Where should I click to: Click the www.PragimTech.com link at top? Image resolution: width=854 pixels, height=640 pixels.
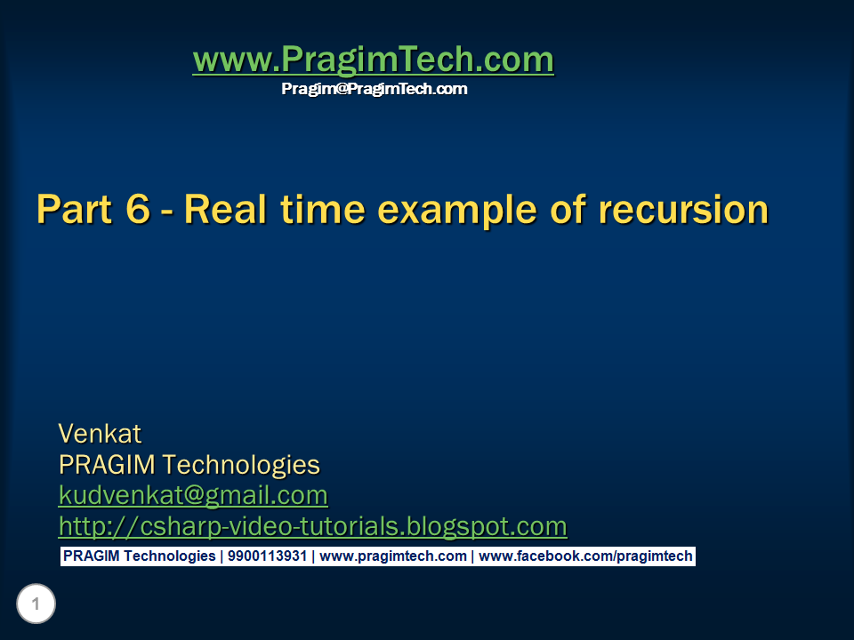[x=373, y=60]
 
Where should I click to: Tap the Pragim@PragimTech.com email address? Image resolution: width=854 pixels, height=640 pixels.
[x=374, y=89]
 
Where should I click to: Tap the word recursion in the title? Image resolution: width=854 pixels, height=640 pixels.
[x=683, y=210]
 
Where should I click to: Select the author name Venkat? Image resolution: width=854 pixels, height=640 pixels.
[x=100, y=434]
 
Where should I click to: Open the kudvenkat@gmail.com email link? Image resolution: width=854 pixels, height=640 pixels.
[x=193, y=495]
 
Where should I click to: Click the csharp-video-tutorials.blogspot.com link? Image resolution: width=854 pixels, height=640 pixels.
[x=312, y=526]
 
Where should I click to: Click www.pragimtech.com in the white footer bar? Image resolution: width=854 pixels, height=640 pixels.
[x=392, y=556]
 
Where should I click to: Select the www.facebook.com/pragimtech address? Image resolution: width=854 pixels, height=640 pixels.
[x=585, y=556]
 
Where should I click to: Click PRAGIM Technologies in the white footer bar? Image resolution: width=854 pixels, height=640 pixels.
[x=139, y=556]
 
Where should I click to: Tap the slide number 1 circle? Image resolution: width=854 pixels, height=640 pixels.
[x=36, y=605]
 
